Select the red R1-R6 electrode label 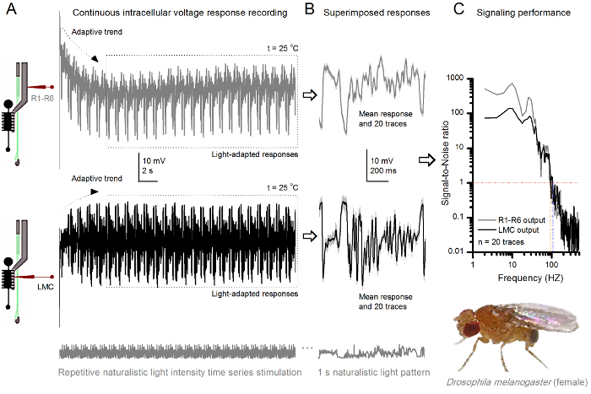tap(43, 99)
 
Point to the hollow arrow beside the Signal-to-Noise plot tap(426, 157)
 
